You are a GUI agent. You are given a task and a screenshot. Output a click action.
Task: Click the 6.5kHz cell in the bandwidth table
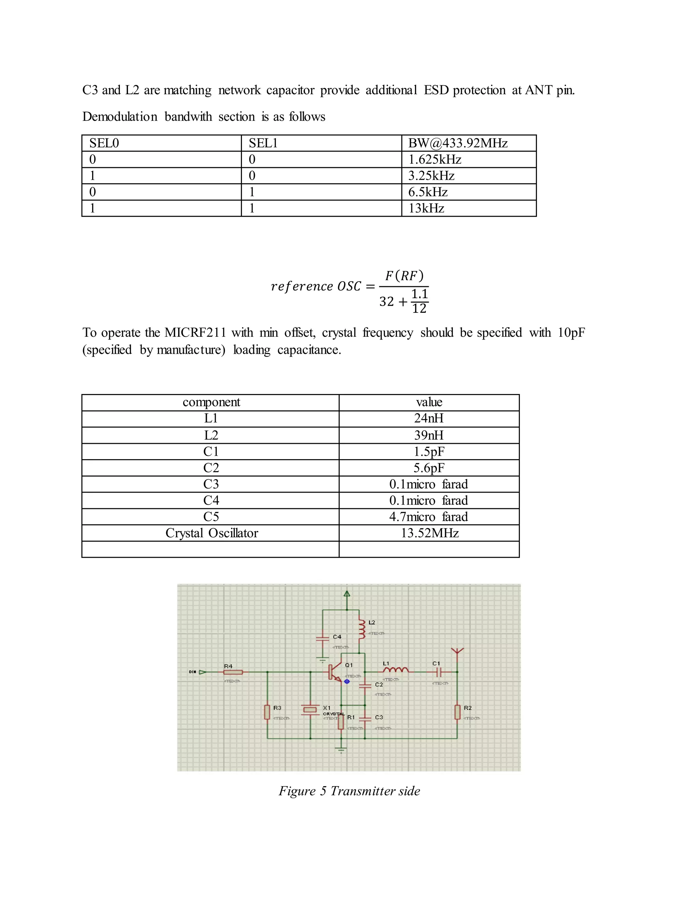(428, 192)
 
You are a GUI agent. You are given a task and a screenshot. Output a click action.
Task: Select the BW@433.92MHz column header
(458, 143)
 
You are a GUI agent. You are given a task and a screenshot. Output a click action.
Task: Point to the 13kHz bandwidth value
(426, 208)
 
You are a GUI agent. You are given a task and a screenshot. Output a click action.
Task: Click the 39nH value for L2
(429, 435)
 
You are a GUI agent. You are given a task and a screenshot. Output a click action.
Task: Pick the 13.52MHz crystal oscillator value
(429, 533)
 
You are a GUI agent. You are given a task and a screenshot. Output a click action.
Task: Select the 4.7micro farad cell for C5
(429, 517)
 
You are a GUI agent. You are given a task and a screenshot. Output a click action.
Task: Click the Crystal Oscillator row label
(212, 533)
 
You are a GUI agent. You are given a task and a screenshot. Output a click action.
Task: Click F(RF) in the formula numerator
(404, 276)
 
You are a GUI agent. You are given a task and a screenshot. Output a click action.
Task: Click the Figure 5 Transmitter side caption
(349, 791)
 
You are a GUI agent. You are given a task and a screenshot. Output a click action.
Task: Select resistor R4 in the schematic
(233, 672)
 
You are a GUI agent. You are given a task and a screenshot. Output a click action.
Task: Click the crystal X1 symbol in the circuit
(310, 710)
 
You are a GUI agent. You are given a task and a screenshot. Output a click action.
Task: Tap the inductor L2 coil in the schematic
(362, 629)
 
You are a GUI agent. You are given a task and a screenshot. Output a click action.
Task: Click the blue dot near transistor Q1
(347, 681)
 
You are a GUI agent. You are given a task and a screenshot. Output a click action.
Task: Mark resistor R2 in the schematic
(457, 712)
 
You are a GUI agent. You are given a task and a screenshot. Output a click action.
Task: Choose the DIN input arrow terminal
(202, 672)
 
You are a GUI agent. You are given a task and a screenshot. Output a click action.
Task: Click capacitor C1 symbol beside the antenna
(440, 672)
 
